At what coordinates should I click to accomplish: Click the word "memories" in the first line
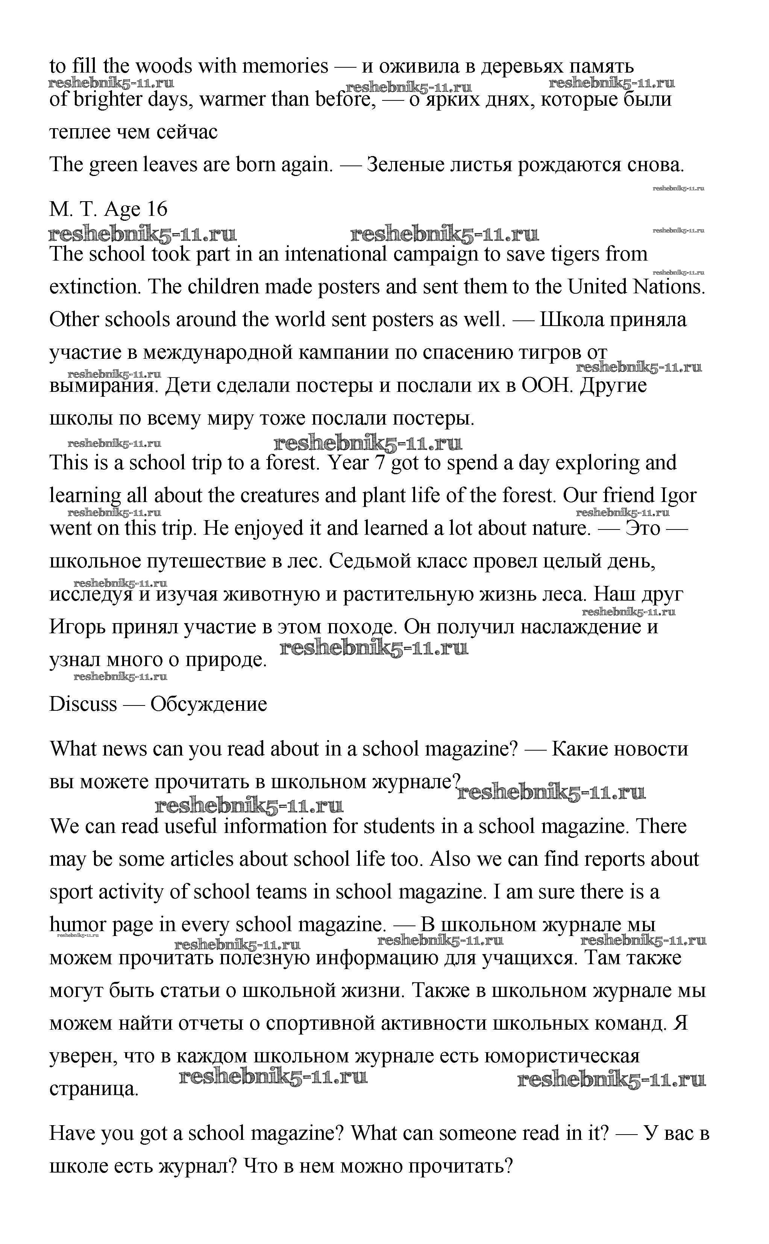point(285,66)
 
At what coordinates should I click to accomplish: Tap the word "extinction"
point(95,287)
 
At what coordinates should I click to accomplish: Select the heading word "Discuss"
point(83,704)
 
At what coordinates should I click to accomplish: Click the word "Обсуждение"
point(209,704)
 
